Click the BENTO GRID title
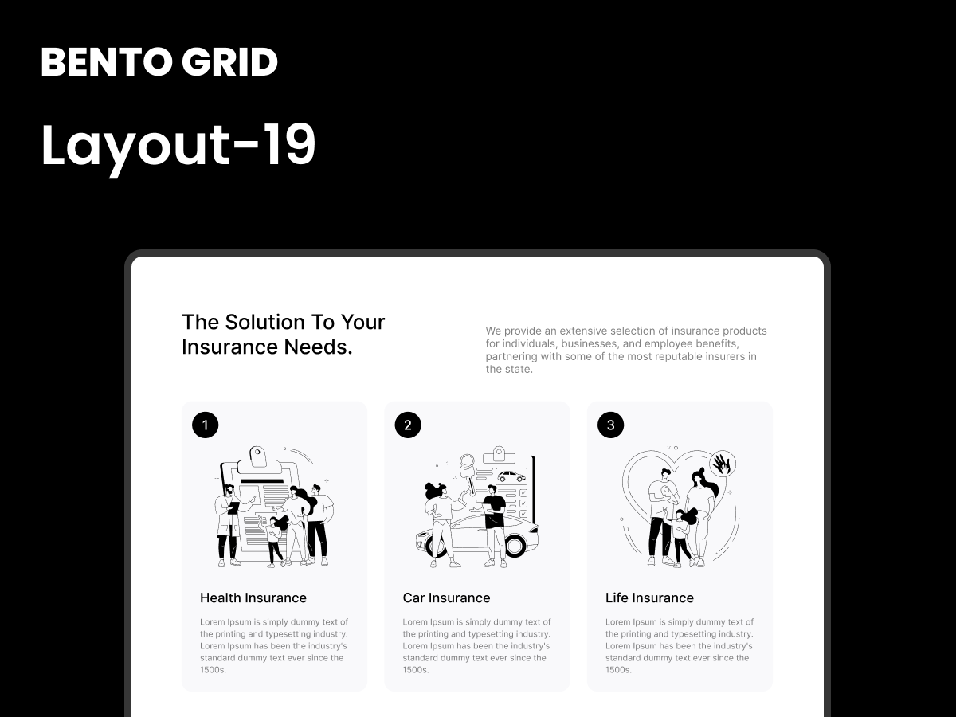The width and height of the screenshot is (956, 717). (x=159, y=62)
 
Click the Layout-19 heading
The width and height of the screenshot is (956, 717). (x=178, y=146)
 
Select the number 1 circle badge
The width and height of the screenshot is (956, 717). (x=205, y=425)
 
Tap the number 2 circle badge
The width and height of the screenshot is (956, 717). (x=408, y=425)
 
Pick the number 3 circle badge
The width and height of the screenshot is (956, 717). (x=610, y=425)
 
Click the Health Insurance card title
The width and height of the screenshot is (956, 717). (x=253, y=597)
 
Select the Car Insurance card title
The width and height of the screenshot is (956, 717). (x=446, y=597)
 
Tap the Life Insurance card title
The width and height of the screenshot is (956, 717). (x=649, y=597)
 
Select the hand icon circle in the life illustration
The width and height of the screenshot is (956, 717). (x=722, y=463)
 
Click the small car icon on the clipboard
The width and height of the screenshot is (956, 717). (x=511, y=476)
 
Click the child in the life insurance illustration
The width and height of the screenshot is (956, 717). (x=682, y=538)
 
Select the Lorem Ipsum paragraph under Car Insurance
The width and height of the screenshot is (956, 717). (x=476, y=646)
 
